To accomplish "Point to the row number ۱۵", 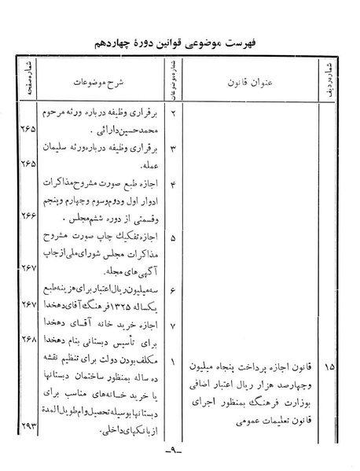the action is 329,367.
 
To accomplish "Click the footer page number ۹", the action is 178,454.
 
